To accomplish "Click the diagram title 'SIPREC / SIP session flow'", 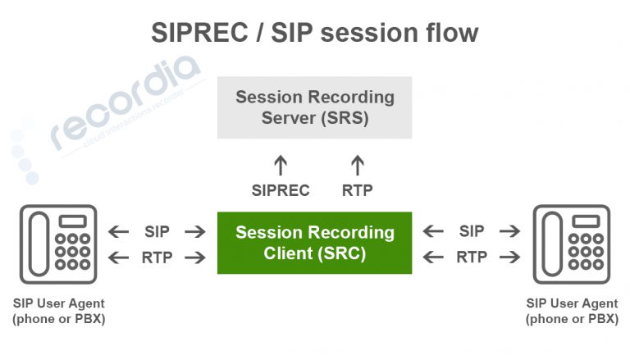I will point(314,33).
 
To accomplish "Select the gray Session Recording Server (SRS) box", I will point(315,107).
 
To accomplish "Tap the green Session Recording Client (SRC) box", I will point(315,243).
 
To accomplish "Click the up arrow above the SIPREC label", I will point(281,166).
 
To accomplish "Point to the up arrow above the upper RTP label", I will point(357,166).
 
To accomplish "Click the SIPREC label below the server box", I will point(281,191).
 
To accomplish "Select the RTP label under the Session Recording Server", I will point(357,191).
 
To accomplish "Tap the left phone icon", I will point(58,244).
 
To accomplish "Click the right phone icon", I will point(573,244).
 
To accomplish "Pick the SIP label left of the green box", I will point(157,231).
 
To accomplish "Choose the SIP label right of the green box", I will point(472,231).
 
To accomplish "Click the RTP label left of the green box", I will point(157,257).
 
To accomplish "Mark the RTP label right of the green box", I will point(472,257).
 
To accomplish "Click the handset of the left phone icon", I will point(39,244).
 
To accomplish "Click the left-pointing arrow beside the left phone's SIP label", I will point(120,232).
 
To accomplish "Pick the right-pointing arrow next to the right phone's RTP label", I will point(509,258).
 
